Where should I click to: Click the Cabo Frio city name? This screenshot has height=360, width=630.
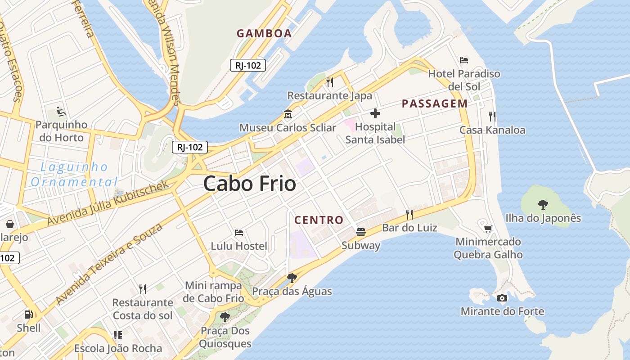coord(250,184)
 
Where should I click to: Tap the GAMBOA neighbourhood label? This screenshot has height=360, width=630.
coord(264,33)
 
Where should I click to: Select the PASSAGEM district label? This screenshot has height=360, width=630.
coord(435,104)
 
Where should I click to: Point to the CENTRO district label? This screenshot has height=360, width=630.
coord(319,220)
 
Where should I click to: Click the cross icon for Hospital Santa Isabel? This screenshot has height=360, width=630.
coord(375,113)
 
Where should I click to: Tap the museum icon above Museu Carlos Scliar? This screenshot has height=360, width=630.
coord(288,114)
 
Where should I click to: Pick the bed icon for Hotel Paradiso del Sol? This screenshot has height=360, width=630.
coord(464,60)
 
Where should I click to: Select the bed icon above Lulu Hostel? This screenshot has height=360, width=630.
coord(239,233)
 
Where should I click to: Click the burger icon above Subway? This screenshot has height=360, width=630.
coord(360,232)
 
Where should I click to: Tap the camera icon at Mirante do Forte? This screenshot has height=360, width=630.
coord(502,298)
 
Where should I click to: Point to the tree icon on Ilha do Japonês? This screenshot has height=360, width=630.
coord(543,205)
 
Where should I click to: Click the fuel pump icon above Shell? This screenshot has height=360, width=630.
coord(28,315)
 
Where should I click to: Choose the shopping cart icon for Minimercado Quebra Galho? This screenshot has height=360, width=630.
coord(488,229)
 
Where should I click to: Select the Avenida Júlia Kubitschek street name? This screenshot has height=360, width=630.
coord(108,203)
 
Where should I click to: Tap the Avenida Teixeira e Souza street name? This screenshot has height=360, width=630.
coord(108,264)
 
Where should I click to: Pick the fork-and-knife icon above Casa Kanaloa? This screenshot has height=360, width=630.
coord(492,117)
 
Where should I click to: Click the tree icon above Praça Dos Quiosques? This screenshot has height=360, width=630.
coord(225,317)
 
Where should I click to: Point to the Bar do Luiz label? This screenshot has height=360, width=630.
coord(409,228)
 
